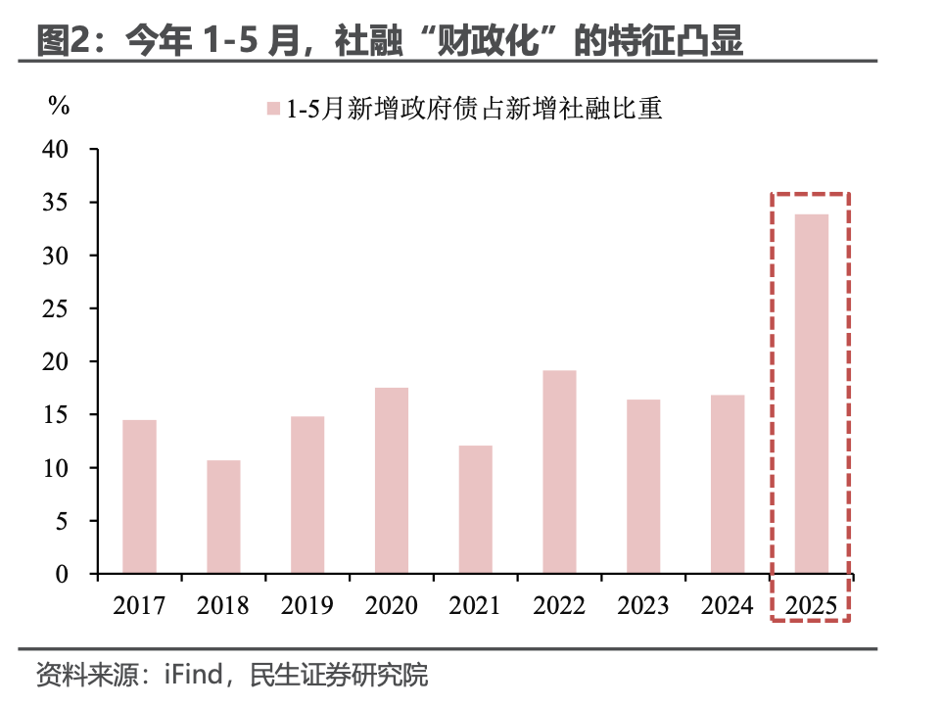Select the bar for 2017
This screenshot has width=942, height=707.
(x=139, y=496)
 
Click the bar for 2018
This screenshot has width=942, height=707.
(x=223, y=517)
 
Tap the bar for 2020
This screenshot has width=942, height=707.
(x=392, y=481)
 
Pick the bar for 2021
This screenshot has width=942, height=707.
(x=476, y=509)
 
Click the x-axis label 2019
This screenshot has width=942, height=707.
(x=307, y=604)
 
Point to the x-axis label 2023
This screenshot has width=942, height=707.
(x=643, y=604)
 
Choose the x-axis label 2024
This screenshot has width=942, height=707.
(x=728, y=604)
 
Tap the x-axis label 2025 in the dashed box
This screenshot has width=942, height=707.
(x=812, y=604)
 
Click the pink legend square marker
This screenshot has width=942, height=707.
(x=275, y=109)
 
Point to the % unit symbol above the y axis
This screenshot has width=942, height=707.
(x=59, y=106)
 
